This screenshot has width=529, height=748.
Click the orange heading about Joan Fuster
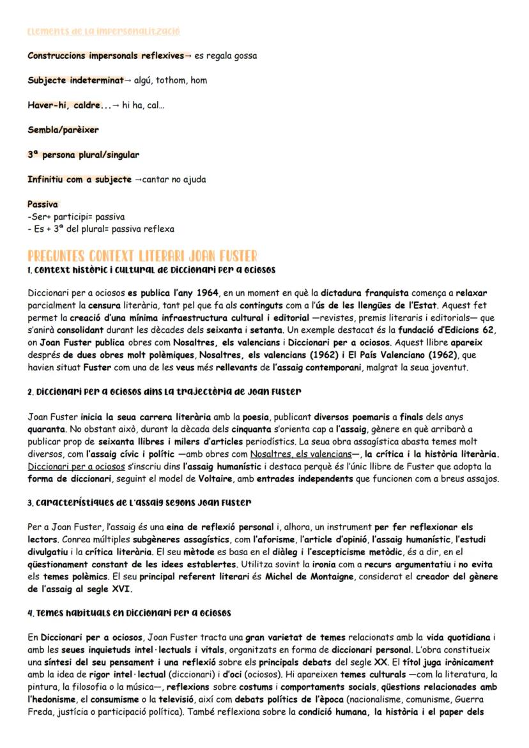[142, 256]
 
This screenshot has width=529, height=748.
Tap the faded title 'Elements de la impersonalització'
[103, 31]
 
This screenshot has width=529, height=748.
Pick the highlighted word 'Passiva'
[43, 204]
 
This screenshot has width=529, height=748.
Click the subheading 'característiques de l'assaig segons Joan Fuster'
[139, 503]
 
